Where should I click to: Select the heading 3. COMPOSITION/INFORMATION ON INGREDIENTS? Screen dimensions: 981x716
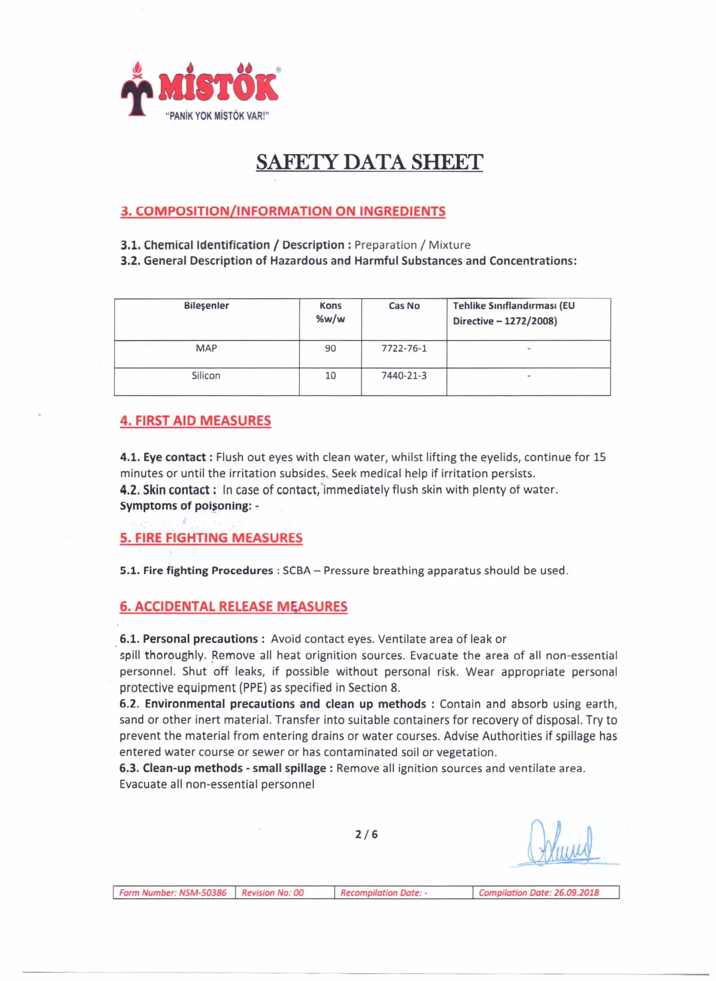(x=283, y=211)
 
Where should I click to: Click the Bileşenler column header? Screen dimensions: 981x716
(x=206, y=306)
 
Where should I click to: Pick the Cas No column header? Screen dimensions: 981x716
(x=404, y=306)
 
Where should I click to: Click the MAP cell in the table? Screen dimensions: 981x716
(x=206, y=349)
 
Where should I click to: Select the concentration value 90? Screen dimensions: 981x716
(x=330, y=349)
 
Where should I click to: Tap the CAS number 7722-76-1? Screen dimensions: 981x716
(x=404, y=349)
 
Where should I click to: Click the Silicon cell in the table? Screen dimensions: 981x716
(x=206, y=376)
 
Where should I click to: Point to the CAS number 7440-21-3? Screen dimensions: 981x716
(x=404, y=376)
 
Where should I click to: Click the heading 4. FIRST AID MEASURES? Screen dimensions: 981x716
(x=196, y=420)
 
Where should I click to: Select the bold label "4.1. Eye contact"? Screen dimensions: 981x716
(x=166, y=457)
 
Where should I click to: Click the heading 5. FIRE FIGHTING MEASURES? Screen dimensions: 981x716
(x=211, y=538)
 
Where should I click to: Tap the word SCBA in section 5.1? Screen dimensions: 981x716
(x=296, y=570)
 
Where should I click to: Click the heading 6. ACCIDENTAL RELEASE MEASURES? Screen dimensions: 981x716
(x=233, y=606)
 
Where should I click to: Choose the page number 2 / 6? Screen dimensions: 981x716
(x=366, y=834)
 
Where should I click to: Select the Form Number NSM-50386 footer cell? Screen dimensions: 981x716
(x=173, y=893)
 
